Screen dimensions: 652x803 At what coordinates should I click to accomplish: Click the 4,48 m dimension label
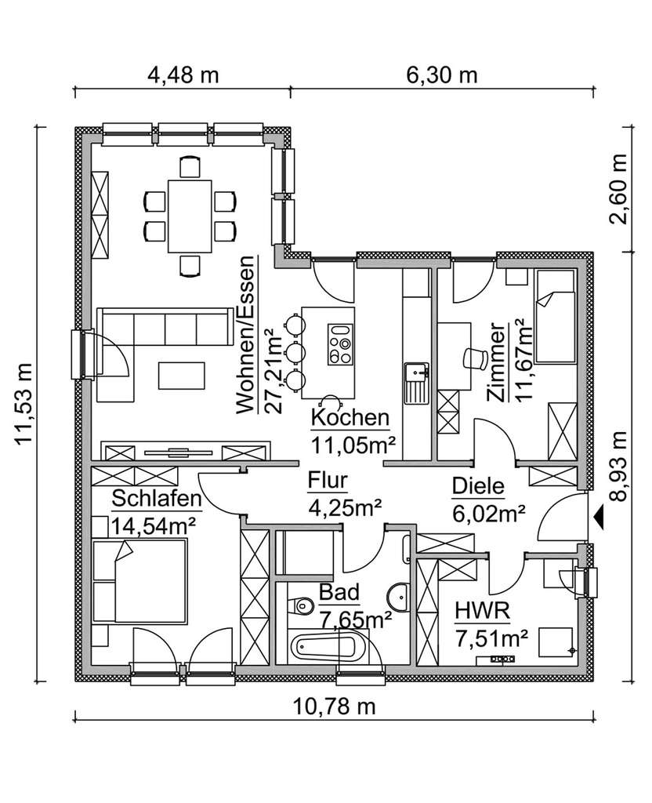(x=183, y=75)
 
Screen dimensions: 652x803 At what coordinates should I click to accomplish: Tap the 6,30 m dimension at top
(x=442, y=75)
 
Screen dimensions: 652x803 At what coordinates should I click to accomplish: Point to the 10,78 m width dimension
(x=334, y=707)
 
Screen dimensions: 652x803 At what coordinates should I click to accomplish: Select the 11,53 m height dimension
(x=24, y=404)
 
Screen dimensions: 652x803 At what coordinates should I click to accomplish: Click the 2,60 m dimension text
(x=618, y=190)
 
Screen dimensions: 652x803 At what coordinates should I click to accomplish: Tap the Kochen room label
(x=350, y=418)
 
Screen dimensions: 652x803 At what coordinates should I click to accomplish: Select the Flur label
(x=328, y=481)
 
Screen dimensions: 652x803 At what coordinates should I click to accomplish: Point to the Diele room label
(x=478, y=486)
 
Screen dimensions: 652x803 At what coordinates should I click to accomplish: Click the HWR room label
(x=482, y=611)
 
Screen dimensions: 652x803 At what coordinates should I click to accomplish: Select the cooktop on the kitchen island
(x=341, y=344)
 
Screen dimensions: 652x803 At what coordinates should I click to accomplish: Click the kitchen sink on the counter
(x=416, y=382)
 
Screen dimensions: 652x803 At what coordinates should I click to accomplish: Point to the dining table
(x=190, y=216)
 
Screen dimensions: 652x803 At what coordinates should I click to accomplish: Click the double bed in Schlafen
(x=139, y=581)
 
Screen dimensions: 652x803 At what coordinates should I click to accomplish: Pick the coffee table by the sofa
(x=182, y=376)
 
